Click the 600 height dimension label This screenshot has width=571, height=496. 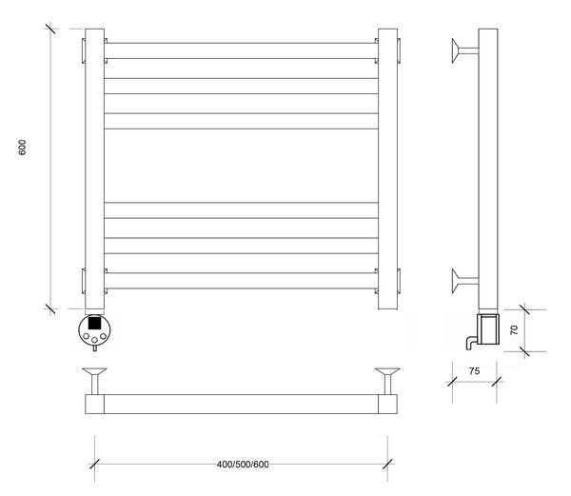(x=22, y=148)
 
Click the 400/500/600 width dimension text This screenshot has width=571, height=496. (x=243, y=465)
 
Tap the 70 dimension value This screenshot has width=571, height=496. (x=514, y=330)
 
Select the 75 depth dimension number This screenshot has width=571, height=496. (x=474, y=370)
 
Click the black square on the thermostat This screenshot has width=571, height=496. (x=94, y=323)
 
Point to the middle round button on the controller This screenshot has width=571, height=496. (x=94, y=340)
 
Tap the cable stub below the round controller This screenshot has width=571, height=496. (x=94, y=348)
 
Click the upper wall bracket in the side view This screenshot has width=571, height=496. (x=465, y=50)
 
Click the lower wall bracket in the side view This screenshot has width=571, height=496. (x=465, y=281)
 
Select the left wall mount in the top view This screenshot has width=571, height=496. (x=94, y=381)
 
